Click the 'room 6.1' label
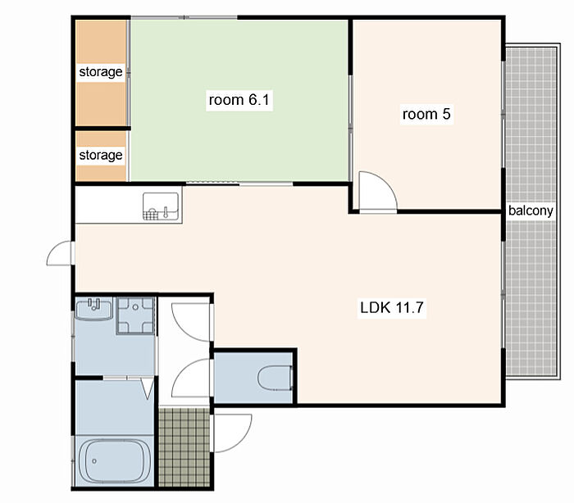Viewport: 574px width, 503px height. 239,99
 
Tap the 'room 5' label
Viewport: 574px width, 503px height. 426,114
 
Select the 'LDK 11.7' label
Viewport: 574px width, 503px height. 392,307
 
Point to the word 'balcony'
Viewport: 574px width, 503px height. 531,211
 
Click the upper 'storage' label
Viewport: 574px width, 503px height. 101,72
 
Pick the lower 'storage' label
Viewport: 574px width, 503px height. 101,155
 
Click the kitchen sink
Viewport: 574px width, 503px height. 161,206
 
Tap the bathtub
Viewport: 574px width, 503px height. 115,461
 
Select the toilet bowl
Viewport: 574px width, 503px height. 276,378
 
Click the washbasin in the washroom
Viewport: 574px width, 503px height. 94,310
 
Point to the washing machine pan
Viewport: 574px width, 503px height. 135,315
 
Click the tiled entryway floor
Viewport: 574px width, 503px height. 184,447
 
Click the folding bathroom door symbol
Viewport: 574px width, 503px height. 148,388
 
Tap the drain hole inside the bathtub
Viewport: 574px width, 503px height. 94,461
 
